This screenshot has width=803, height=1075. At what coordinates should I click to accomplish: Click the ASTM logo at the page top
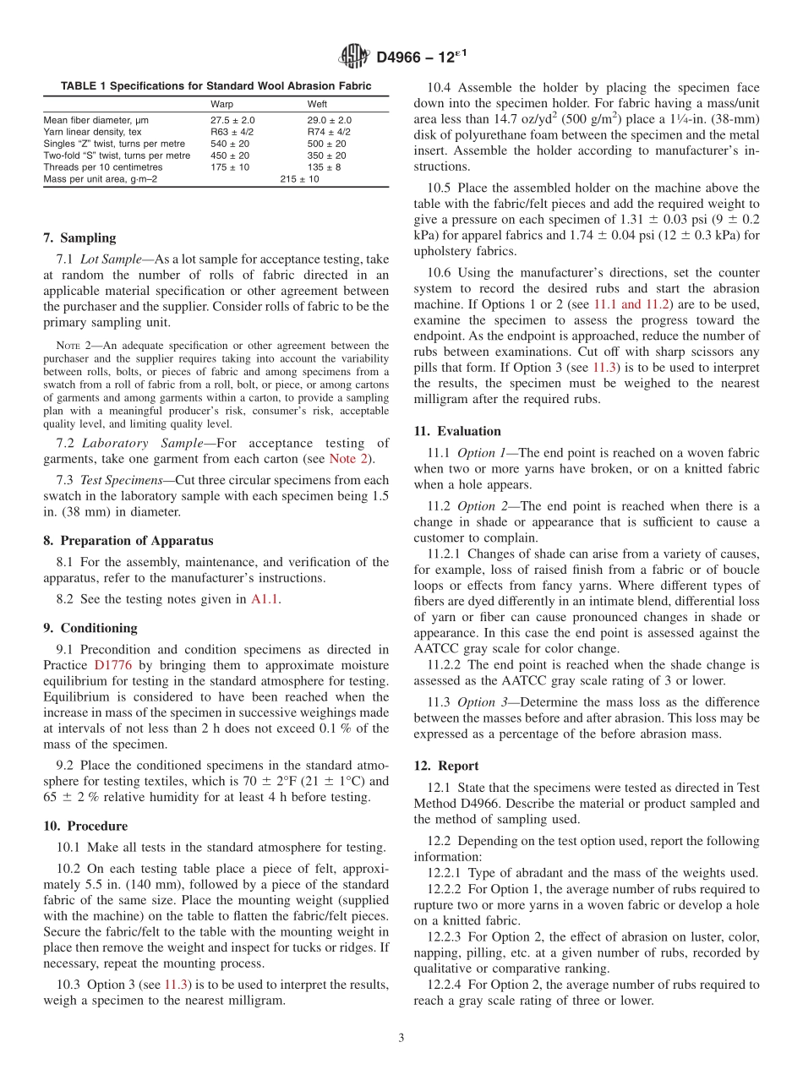point(353,57)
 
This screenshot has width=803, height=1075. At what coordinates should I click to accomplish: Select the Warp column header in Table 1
point(221,104)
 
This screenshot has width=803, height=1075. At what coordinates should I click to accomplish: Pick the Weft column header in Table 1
point(317,104)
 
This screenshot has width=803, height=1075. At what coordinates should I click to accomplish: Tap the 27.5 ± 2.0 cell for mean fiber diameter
point(232,120)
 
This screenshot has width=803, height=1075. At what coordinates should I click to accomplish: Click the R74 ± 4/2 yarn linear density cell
point(329,132)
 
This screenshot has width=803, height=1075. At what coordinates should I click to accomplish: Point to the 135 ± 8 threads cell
point(325,167)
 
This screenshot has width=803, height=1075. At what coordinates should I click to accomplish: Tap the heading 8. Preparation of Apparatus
point(128,540)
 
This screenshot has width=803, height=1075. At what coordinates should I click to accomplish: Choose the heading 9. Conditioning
point(90,628)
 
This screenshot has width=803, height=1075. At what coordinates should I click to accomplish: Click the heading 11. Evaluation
point(457,431)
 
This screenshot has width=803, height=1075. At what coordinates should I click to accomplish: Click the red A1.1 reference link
point(265,599)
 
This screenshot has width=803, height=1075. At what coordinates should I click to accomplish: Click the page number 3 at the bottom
point(401,1039)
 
